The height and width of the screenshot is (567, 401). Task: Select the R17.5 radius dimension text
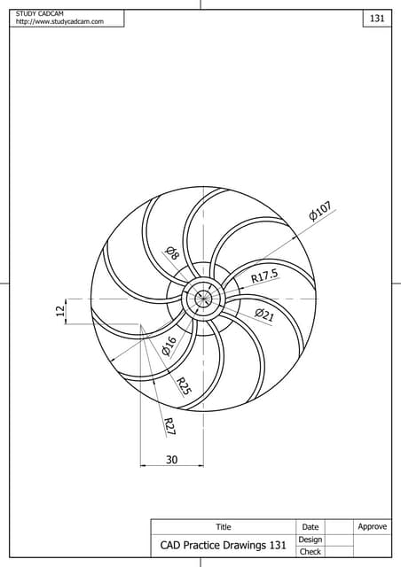click(x=263, y=276)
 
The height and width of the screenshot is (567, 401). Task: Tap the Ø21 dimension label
click(x=263, y=315)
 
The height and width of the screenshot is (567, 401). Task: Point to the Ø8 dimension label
click(x=172, y=253)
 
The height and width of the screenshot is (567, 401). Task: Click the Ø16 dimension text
click(x=169, y=346)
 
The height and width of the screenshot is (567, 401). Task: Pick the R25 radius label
click(x=184, y=386)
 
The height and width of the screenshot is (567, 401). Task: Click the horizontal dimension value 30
click(x=171, y=459)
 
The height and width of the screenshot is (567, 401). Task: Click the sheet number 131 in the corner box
click(x=376, y=19)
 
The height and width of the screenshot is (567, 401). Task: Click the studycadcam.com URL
click(x=59, y=21)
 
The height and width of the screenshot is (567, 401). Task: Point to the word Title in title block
click(x=223, y=527)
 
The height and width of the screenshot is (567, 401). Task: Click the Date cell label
click(x=310, y=527)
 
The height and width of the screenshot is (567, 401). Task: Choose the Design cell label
click(x=310, y=540)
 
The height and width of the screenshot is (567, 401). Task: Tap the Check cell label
click(x=310, y=552)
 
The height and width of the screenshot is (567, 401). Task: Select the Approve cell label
click(x=372, y=526)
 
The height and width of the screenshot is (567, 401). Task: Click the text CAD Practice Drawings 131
click(x=223, y=546)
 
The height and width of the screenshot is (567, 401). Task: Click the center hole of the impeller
click(x=203, y=299)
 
